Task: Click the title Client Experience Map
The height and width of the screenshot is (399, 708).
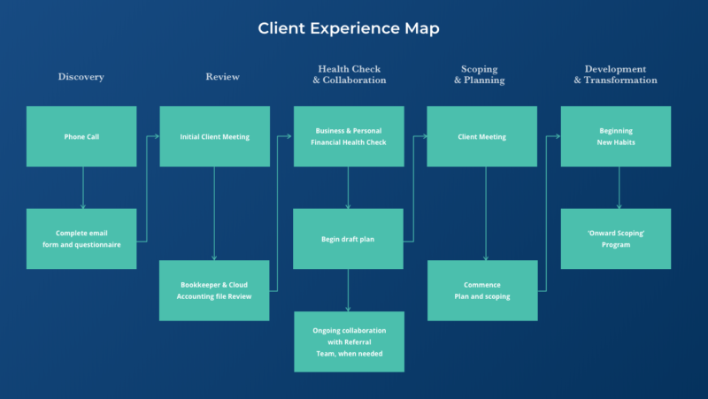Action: [349, 28]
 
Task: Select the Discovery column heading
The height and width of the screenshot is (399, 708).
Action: [81, 77]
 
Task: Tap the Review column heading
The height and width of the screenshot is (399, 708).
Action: [222, 77]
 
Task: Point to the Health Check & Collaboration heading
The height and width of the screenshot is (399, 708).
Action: [349, 74]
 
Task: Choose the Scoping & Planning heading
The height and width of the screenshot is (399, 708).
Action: [480, 74]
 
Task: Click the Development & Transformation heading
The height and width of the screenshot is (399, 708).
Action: [615, 74]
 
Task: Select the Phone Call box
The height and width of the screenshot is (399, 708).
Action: [81, 136]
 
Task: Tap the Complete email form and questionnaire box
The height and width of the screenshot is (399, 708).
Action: [81, 239]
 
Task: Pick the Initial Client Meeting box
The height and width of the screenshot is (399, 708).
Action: [214, 136]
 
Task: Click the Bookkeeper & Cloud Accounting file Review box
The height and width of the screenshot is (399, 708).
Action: [214, 290]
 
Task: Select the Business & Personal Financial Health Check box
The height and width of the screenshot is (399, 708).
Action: [349, 136]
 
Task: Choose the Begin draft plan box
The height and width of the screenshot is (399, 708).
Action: [349, 239]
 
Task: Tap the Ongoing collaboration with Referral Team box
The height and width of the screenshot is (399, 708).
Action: [349, 341]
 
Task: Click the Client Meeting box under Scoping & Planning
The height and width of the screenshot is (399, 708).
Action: [481, 136]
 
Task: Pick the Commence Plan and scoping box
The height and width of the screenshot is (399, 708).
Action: [481, 290]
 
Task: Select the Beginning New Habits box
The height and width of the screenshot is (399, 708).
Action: [615, 136]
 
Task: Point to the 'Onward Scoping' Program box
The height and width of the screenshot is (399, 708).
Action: [615, 239]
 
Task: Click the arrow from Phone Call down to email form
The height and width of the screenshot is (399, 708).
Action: [82, 188]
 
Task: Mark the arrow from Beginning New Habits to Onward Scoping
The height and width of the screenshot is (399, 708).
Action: [619, 188]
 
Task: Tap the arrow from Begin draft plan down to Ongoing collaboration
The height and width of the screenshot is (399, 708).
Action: [348, 290]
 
